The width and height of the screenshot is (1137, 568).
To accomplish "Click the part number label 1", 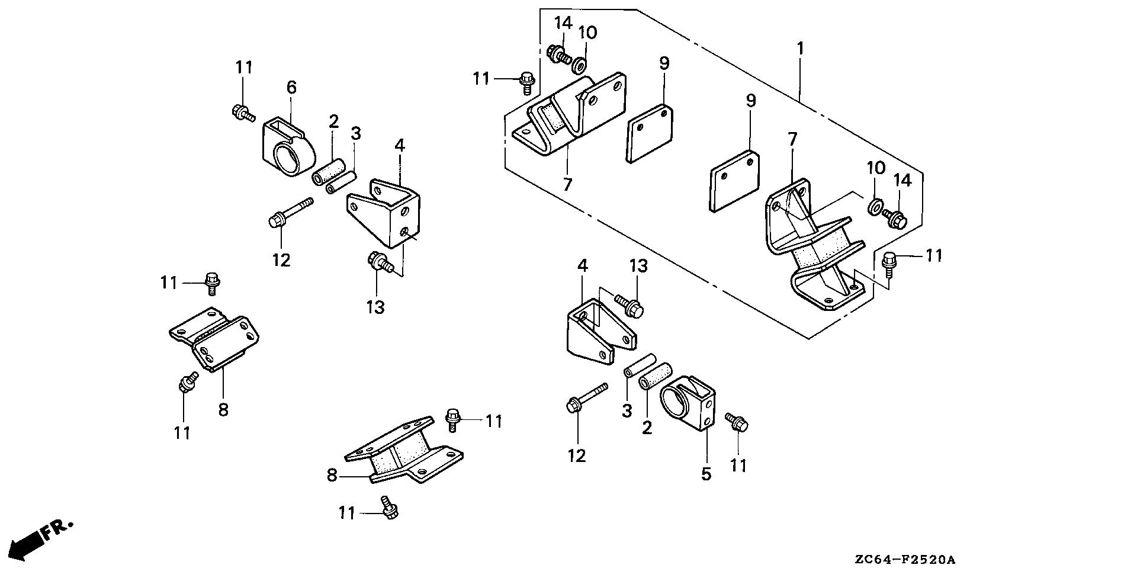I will [800, 49].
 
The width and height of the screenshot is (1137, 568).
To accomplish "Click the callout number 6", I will [291, 88].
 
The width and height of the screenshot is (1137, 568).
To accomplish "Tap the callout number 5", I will [706, 474].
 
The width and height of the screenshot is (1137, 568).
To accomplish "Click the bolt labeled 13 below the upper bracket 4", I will [380, 262].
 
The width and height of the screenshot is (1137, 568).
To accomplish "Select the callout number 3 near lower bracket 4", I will [627, 410].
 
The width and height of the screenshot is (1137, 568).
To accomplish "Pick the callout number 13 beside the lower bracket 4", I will [638, 266].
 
